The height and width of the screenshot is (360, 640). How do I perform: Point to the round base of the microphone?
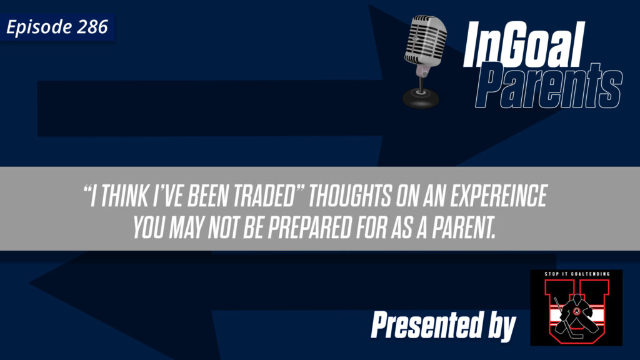click(420, 97)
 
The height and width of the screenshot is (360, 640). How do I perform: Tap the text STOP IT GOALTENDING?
click(576, 276)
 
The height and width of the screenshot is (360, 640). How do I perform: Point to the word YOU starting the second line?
click(150, 229)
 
